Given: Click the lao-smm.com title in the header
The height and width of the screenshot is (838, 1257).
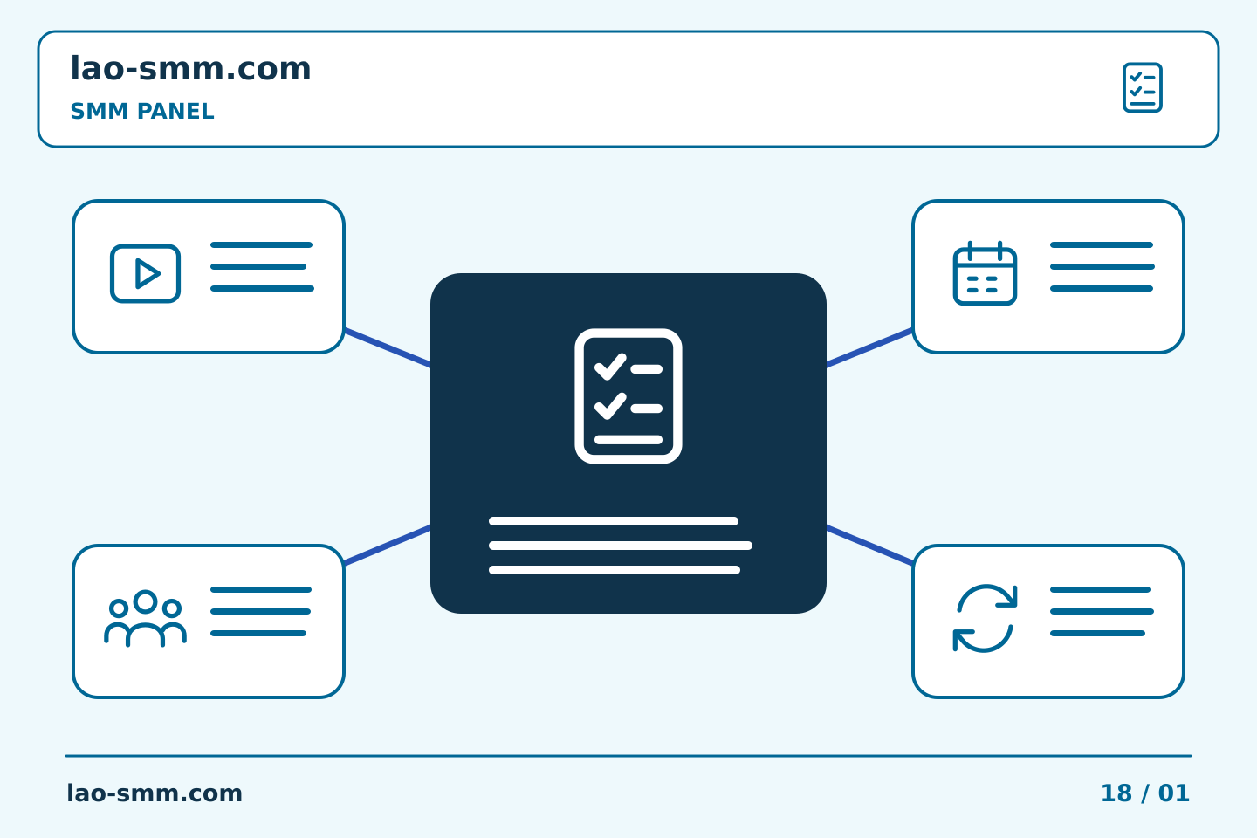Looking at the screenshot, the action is [x=190, y=68].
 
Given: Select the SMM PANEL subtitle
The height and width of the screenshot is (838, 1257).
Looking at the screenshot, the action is [x=142, y=111].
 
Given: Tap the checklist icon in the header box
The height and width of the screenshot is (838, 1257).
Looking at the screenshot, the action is [x=1143, y=87].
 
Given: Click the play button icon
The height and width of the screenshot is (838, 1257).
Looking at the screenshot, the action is [x=145, y=273].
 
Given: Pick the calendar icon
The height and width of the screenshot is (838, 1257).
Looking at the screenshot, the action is [x=985, y=273].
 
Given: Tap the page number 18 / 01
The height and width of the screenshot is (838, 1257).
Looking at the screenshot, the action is [x=1144, y=793].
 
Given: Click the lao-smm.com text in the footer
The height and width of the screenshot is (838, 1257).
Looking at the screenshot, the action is [x=155, y=793].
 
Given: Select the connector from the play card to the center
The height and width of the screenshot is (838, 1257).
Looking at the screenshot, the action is [x=388, y=347].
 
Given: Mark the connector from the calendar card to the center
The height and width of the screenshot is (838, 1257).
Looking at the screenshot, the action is [x=869, y=347].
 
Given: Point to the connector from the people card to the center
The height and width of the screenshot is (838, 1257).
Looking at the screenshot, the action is [x=388, y=545].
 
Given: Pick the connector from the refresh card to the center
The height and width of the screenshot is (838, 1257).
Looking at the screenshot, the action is [x=869, y=545].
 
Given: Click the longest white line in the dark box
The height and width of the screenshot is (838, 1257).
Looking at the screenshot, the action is [x=620, y=546].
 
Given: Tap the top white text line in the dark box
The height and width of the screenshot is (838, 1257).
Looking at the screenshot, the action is [x=614, y=521].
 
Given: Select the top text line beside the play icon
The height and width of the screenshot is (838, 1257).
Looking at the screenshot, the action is [x=261, y=244].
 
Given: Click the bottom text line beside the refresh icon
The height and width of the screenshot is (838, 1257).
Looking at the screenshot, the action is [x=1097, y=633].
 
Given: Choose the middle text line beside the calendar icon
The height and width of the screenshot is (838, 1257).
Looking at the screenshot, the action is [x=1102, y=266].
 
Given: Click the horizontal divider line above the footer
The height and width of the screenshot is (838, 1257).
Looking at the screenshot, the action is [x=628, y=756].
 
